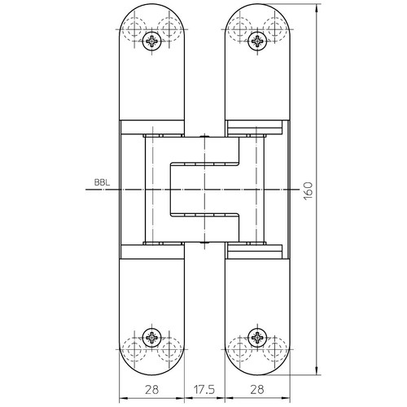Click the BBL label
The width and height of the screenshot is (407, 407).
(x=103, y=182)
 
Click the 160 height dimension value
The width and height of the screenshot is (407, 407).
(x=308, y=191)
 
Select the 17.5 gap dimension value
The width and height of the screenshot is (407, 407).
(x=204, y=390)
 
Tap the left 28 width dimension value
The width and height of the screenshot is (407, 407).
(x=151, y=390)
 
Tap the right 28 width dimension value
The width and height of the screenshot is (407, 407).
(x=257, y=390)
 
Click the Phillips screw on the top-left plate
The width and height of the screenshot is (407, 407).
(x=151, y=41)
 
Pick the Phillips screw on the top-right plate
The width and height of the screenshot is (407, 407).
(x=257, y=41)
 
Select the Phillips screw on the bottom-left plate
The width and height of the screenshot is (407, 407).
(x=151, y=338)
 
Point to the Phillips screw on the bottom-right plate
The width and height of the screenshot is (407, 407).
(x=257, y=338)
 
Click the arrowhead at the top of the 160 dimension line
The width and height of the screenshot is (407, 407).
(x=317, y=8)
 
